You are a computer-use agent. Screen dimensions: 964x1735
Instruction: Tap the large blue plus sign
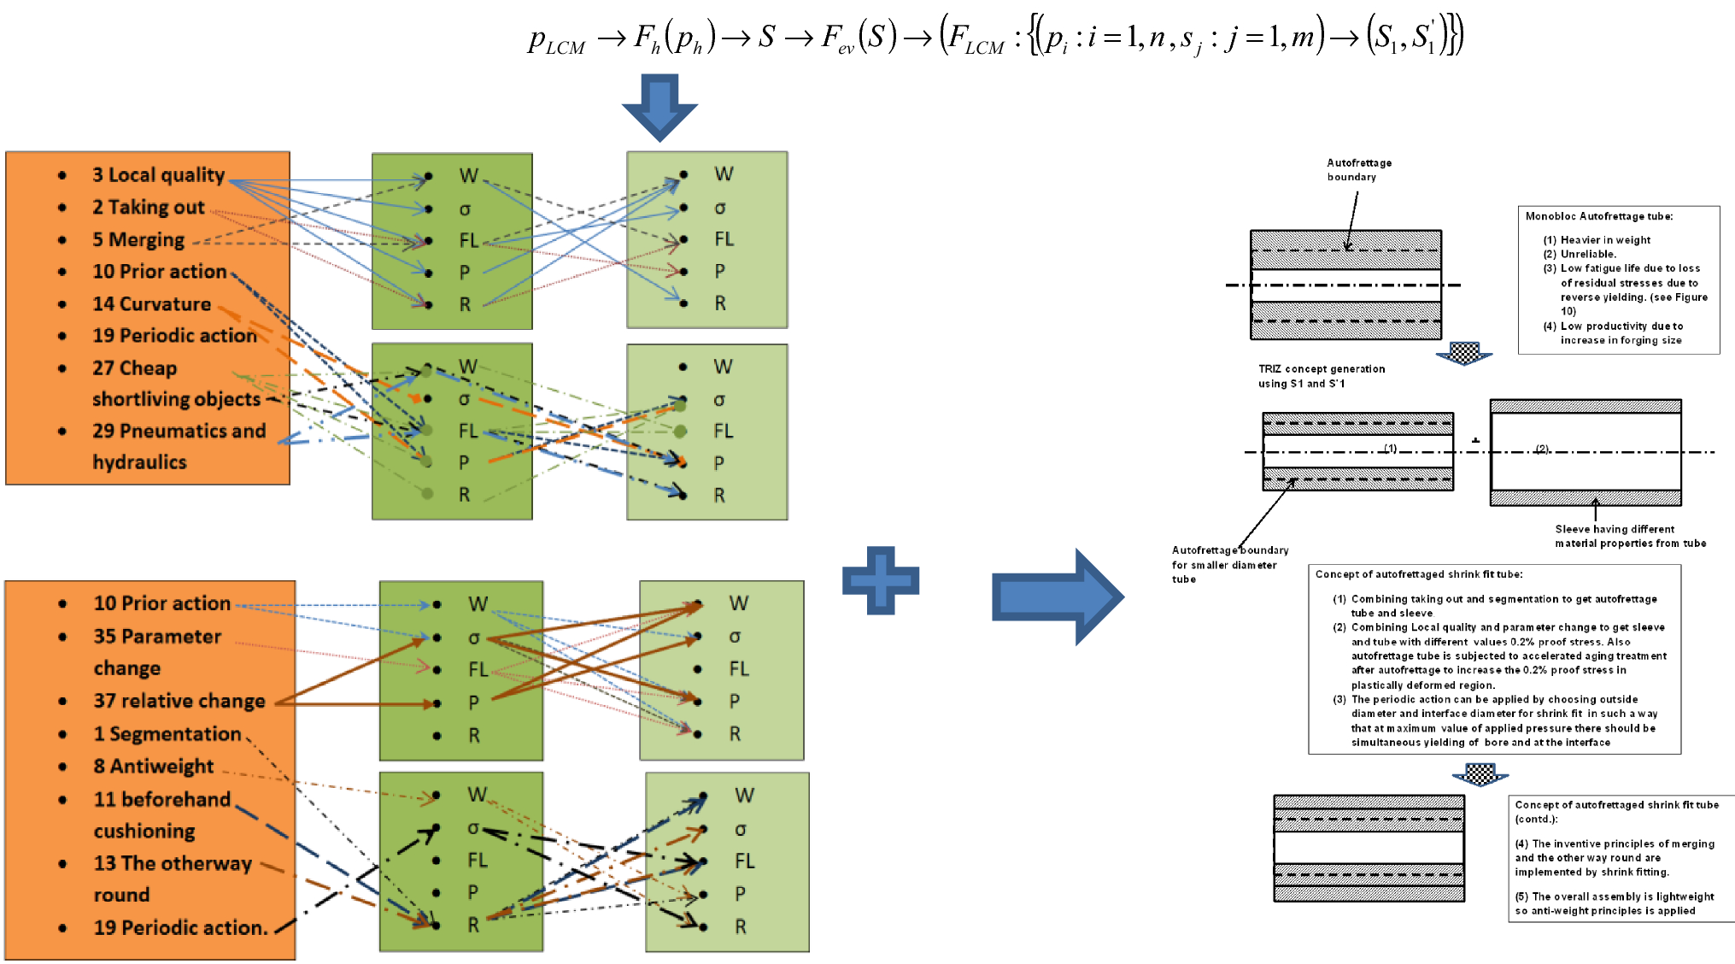[x=881, y=580]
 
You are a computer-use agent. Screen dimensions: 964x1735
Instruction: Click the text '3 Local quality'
[x=158, y=175]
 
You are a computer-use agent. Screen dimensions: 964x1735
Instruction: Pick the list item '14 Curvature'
[x=151, y=304]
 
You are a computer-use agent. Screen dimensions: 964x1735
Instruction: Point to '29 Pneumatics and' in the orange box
[x=179, y=431]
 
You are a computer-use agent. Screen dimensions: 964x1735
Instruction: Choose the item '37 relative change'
[x=179, y=701]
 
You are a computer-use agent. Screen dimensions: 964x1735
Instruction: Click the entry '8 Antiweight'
[x=153, y=766]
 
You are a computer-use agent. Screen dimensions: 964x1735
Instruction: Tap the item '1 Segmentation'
[x=167, y=734]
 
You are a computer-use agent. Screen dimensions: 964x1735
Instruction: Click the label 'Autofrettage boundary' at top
[x=1358, y=169]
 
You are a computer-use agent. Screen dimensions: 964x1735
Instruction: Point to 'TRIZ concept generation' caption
[x=1321, y=369]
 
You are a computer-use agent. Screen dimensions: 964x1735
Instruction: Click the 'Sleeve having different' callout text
[x=1615, y=529]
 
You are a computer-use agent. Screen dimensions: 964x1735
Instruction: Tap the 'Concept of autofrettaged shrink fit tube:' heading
[x=1418, y=574]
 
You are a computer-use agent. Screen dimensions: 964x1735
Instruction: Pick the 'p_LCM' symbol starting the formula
[x=556, y=41]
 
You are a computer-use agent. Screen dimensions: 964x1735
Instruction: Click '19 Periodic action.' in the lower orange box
[x=180, y=927]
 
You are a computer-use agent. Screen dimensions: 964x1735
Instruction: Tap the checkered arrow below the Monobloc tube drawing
[x=1463, y=352]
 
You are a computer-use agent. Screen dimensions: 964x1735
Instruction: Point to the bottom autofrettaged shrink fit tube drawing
[x=1369, y=848]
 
